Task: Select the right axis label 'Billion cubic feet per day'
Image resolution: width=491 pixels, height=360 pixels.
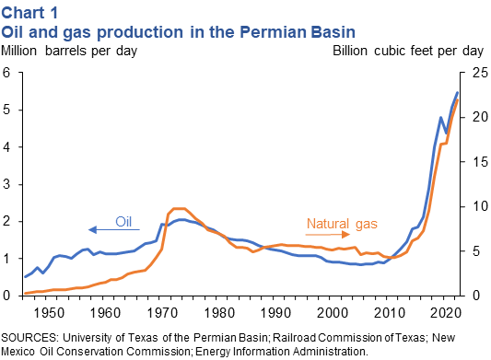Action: click(407, 50)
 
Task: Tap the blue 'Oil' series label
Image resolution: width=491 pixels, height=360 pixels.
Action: click(124, 221)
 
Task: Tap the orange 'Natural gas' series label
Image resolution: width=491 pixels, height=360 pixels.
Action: click(341, 224)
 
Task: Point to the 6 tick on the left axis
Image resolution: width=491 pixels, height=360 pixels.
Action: click(6, 73)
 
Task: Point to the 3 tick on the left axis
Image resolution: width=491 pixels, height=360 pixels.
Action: click(6, 184)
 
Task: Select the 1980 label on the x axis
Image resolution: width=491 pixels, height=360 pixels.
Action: click(214, 310)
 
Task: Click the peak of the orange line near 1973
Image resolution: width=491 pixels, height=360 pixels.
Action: click(178, 209)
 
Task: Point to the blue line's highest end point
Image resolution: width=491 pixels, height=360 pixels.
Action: click(458, 92)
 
